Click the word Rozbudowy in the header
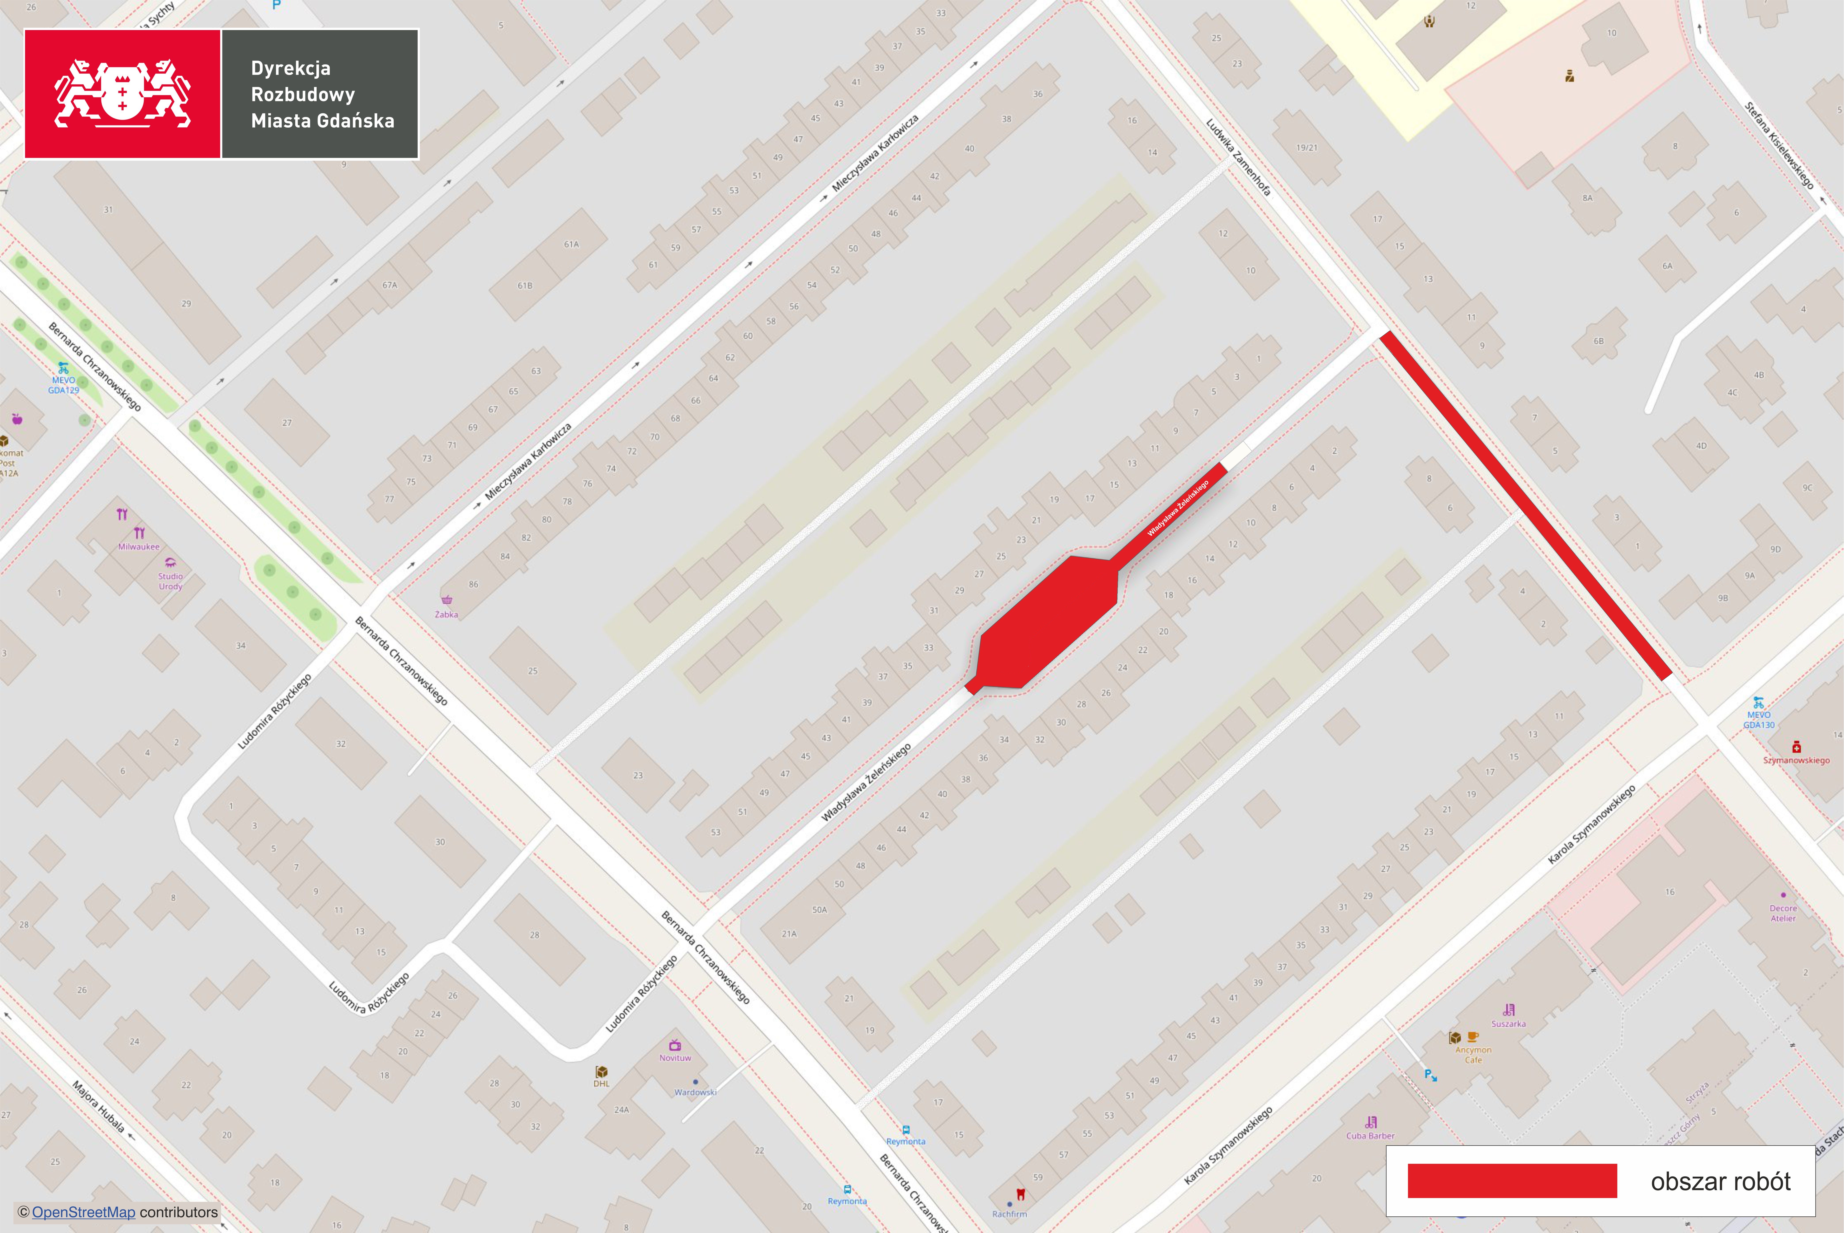303,94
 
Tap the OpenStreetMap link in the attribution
83,1212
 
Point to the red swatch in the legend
1511,1181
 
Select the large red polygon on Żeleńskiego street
1046,621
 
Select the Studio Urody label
170,581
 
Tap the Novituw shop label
675,1058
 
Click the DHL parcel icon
601,1072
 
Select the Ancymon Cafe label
1473,1054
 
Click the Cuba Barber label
1370,1136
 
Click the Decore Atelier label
1783,913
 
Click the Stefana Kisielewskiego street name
1779,145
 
